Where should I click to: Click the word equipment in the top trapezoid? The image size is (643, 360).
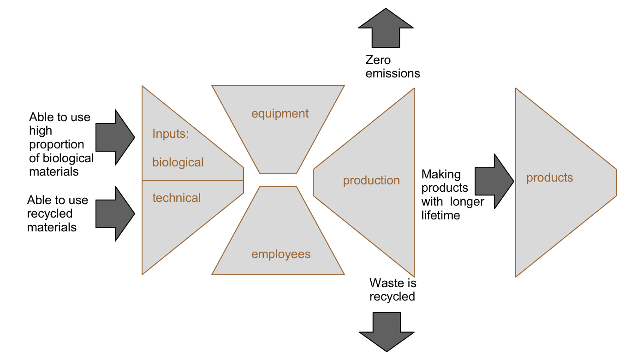(x=280, y=113)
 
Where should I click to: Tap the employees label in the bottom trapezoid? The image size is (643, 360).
(x=281, y=254)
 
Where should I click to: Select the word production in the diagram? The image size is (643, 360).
(x=371, y=180)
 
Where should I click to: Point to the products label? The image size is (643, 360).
(x=550, y=177)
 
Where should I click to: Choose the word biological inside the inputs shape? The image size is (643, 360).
(x=178, y=162)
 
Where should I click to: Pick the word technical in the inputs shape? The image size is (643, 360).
(x=177, y=198)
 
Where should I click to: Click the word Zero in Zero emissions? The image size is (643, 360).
(x=378, y=60)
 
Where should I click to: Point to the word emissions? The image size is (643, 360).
(x=393, y=73)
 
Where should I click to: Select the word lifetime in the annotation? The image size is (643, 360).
(x=441, y=215)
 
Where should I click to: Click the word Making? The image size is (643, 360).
(x=441, y=174)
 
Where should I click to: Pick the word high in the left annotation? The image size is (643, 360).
(x=41, y=131)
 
